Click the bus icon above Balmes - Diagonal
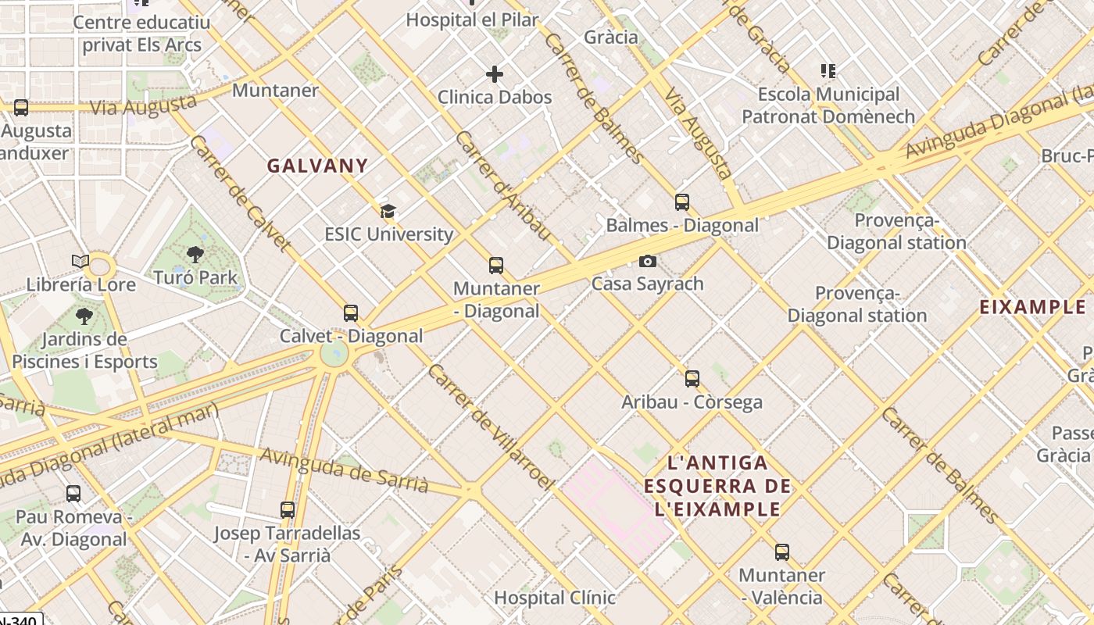(x=682, y=202)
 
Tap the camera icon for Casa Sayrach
(x=648, y=262)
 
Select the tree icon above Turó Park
(x=195, y=255)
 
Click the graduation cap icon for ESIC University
(x=388, y=211)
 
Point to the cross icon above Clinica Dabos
(x=495, y=74)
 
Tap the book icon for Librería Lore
(x=80, y=262)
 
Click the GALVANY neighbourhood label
(x=317, y=166)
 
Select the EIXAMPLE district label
(x=1032, y=307)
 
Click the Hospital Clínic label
(x=554, y=598)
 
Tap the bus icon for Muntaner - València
(x=782, y=552)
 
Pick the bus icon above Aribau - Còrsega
(x=692, y=379)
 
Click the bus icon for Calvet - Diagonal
(x=351, y=313)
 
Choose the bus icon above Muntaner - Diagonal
(x=496, y=266)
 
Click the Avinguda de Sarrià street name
(x=345, y=470)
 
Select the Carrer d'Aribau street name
(x=503, y=186)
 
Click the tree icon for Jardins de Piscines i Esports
(x=84, y=316)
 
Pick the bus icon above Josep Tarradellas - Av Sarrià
(x=288, y=510)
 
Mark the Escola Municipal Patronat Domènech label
(x=828, y=105)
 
